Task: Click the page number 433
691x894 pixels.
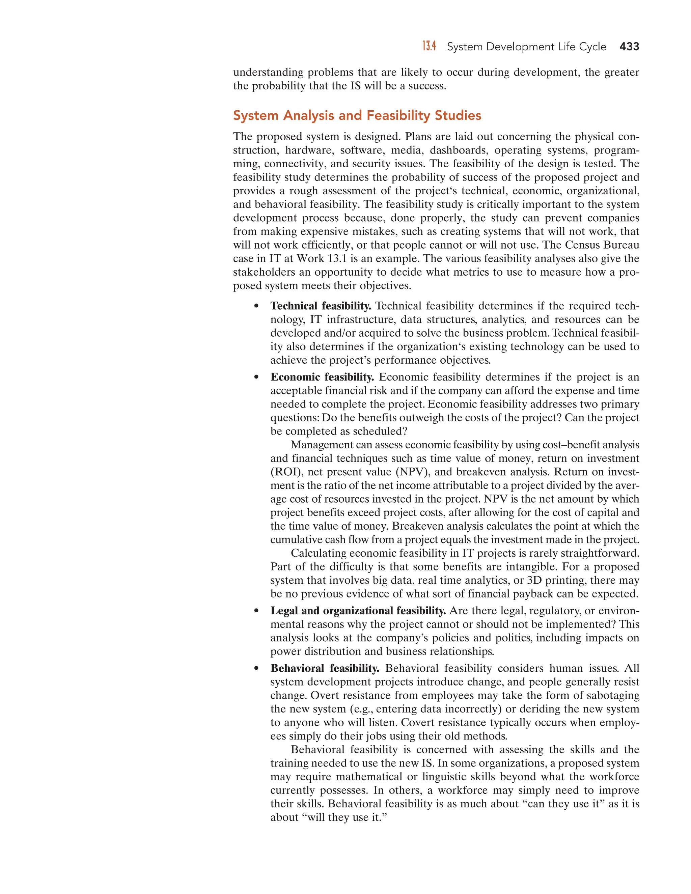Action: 629,47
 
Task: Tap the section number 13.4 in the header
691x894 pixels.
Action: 429,46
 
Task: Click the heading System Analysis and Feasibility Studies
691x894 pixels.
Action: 357,115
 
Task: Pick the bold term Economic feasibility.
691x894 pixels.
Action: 322,377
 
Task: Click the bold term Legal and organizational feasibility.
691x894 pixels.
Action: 358,611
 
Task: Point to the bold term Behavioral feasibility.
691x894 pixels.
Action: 325,668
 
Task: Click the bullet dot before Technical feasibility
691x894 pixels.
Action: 257,306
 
